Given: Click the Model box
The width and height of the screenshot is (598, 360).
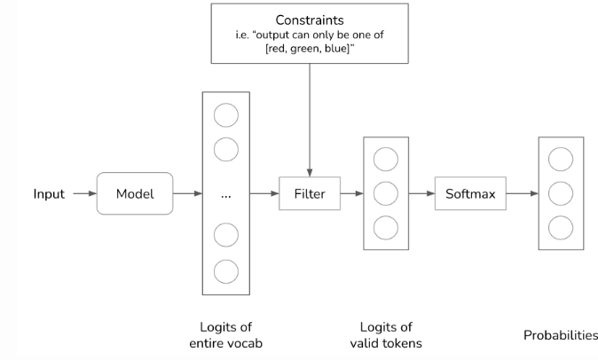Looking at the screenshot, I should (135, 193).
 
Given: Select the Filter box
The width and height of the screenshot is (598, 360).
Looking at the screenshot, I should (310, 193).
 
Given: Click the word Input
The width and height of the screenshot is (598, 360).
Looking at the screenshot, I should (49, 193).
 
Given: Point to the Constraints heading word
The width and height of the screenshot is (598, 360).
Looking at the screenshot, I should (310, 19).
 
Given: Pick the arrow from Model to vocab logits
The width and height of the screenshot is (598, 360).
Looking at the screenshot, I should (187, 193).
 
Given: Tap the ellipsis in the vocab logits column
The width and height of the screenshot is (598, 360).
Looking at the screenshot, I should (225, 194).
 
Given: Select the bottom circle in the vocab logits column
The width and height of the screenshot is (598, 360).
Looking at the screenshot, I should (226, 270).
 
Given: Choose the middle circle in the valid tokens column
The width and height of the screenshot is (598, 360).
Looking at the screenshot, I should (386, 193).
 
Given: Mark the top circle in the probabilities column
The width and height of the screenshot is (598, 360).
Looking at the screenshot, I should (561, 160).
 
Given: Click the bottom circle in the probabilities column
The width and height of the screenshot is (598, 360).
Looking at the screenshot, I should (561, 227).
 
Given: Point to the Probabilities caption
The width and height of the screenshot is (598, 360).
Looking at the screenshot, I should (561, 335).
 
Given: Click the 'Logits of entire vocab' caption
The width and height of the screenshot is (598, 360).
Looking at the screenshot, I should (225, 335).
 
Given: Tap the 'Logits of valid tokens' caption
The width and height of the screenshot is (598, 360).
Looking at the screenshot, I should (386, 335).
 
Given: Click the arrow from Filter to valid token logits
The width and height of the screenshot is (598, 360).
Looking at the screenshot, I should (352, 193).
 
